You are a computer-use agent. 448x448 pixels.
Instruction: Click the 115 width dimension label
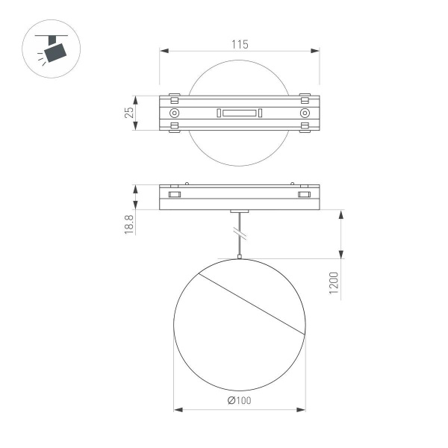[x=239, y=44]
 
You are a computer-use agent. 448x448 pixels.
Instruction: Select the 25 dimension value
[x=129, y=113]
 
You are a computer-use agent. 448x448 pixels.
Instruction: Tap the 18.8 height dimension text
[x=129, y=225]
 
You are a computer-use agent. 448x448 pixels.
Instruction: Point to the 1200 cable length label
[x=334, y=284]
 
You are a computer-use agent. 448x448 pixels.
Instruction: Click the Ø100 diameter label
[x=239, y=401]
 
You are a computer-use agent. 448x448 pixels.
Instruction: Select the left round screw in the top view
[x=174, y=113]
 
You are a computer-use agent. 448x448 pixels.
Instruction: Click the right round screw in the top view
[x=304, y=113]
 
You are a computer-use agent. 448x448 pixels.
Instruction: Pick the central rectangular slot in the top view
[x=239, y=113]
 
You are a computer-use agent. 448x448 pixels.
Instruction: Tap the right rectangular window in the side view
[x=304, y=195]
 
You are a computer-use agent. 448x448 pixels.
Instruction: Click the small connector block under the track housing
[x=239, y=213]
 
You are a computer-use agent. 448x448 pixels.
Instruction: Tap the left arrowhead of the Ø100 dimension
[x=178, y=409]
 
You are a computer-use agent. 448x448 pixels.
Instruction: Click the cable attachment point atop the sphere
[x=239, y=258]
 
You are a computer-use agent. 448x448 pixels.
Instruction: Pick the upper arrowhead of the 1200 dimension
[x=341, y=214]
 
